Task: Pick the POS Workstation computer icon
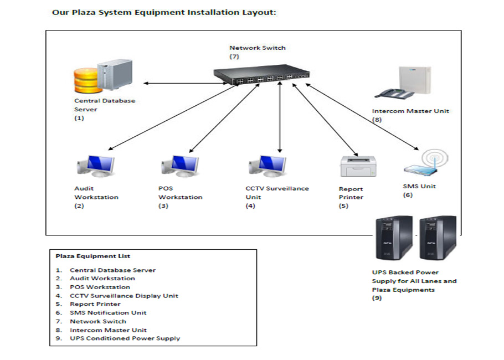(x=181, y=166)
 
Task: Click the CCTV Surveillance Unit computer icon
(x=268, y=166)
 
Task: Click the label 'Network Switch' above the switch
(x=258, y=48)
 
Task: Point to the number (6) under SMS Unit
(x=408, y=195)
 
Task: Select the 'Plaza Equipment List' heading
(x=93, y=256)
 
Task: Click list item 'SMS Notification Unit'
(x=108, y=312)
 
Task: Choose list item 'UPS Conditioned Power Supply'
(x=125, y=338)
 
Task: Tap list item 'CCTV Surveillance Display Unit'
(x=124, y=296)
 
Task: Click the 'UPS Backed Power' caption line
(x=405, y=272)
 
